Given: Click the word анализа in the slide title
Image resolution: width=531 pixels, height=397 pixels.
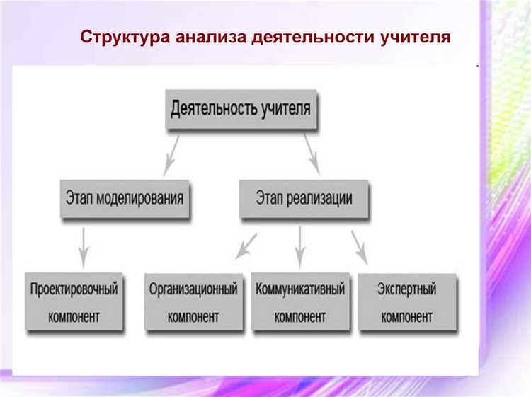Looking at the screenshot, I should pyautogui.click(x=207, y=37).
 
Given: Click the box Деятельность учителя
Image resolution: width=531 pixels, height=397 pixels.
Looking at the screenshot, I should pyautogui.click(x=240, y=110).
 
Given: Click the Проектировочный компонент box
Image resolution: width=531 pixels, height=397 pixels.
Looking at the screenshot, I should pyautogui.click(x=74, y=302).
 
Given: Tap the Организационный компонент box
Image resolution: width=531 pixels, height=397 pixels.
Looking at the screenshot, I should pyautogui.click(x=193, y=302).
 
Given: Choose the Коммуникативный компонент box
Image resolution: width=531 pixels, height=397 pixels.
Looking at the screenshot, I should pyautogui.click(x=300, y=302).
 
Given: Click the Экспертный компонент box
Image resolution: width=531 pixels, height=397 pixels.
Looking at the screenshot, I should pyautogui.click(x=406, y=302).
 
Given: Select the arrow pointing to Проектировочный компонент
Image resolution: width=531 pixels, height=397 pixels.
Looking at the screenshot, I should pyautogui.click(x=84, y=246).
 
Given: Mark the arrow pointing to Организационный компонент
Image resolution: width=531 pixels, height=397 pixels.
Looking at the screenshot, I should pyautogui.click(x=246, y=246).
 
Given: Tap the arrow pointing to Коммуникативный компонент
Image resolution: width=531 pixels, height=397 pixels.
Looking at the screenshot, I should pyautogui.click(x=299, y=246).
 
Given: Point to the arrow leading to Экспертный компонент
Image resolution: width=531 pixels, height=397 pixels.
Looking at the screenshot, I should pyautogui.click(x=360, y=246).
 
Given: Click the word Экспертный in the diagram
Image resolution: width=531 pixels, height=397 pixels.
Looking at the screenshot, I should pyautogui.click(x=406, y=289).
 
